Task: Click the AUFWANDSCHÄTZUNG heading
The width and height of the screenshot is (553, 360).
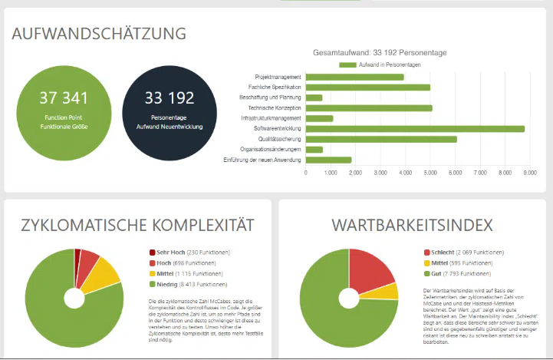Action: [x=99, y=33]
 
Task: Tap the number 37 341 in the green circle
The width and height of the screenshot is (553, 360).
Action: [x=64, y=97]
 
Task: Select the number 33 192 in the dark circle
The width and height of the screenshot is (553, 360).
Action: [x=169, y=97]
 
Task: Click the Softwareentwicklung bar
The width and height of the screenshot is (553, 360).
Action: [x=415, y=129]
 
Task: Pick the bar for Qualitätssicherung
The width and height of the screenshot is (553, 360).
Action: [x=381, y=139]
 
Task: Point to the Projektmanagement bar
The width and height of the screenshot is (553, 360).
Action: [x=354, y=77]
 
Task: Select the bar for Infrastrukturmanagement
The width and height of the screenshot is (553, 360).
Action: [x=319, y=118]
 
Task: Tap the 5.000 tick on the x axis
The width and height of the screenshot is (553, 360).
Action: [x=430, y=173]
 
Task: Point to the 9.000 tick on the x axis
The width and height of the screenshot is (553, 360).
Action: [x=529, y=173]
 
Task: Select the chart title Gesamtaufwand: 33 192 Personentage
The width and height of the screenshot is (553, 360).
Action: [x=380, y=52]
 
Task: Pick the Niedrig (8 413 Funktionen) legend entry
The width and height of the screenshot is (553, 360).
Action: [x=191, y=284]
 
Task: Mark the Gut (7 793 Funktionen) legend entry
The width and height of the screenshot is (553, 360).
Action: [x=461, y=273]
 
